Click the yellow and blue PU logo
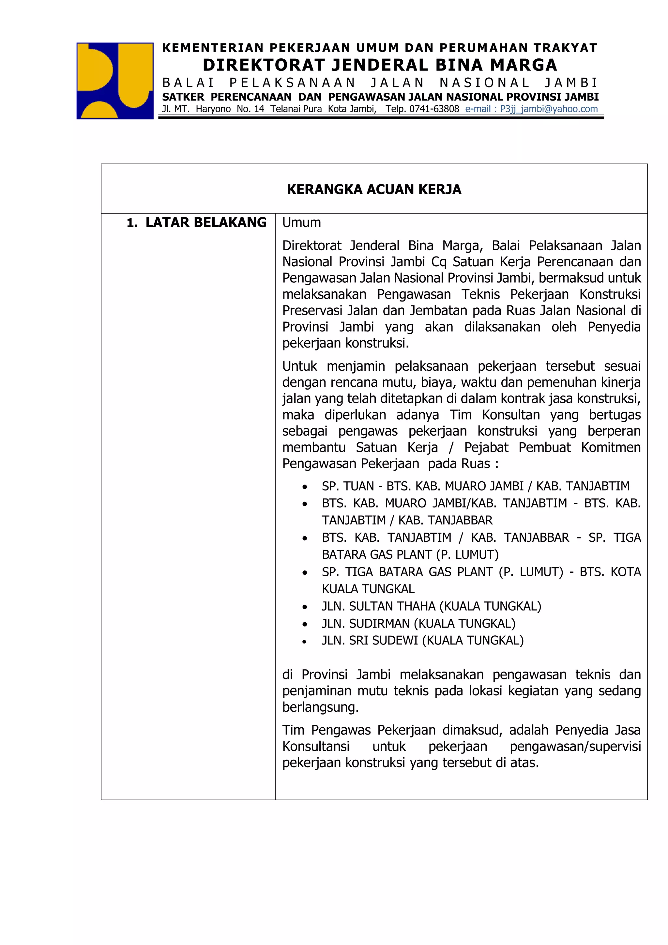pos(115,81)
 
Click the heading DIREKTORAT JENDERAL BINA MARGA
pos(380,65)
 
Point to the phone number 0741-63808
pos(434,109)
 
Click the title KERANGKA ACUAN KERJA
pos(374,189)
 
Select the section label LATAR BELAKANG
pos(206,223)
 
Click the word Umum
pos(301,223)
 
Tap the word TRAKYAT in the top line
pos(565,48)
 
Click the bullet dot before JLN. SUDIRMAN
pos(304,624)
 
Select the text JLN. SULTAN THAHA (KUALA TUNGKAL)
pos(432,606)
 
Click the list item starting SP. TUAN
pos(476,486)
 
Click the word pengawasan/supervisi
pos(575,746)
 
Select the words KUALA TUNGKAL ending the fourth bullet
pos(368,589)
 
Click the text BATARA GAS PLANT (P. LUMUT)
pos(410,555)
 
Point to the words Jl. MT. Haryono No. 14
pos(213,109)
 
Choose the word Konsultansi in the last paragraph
pos(316,746)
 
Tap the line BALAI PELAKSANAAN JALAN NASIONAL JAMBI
pos(380,83)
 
